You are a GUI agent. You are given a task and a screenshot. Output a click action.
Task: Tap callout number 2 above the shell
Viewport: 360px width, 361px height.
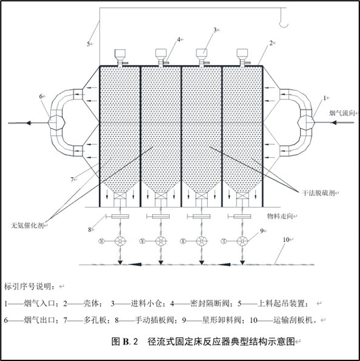[x=270, y=43]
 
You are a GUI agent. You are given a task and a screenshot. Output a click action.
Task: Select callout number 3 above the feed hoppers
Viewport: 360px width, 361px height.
[x=215, y=29]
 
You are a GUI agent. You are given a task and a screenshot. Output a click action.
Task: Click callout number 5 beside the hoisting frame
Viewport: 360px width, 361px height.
[x=88, y=44]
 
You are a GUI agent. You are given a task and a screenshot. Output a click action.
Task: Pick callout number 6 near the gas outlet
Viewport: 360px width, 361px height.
[x=41, y=96]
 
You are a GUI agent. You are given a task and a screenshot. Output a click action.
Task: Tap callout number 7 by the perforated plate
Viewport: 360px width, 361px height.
[x=72, y=179]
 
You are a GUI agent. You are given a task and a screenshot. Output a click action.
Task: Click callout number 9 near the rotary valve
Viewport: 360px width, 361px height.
[x=262, y=231]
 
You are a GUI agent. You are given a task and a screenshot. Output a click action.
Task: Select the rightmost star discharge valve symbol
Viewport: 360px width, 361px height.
[x=242, y=242]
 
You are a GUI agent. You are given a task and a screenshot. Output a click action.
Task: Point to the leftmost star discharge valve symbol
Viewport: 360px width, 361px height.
[x=119, y=242]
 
